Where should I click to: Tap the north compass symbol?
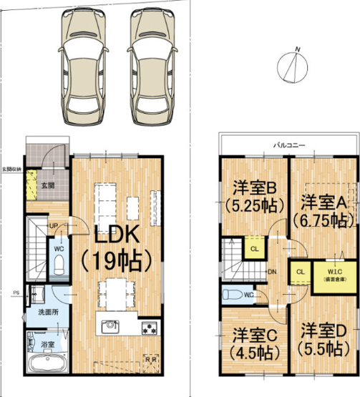pyautogui.click(x=292, y=66)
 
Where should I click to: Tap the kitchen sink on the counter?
pyautogui.click(x=111, y=328)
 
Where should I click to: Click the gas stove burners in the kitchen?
pyautogui.click(x=150, y=328)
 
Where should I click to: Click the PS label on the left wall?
pyautogui.click(x=16, y=293)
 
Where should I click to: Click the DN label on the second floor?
pyautogui.click(x=273, y=272)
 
